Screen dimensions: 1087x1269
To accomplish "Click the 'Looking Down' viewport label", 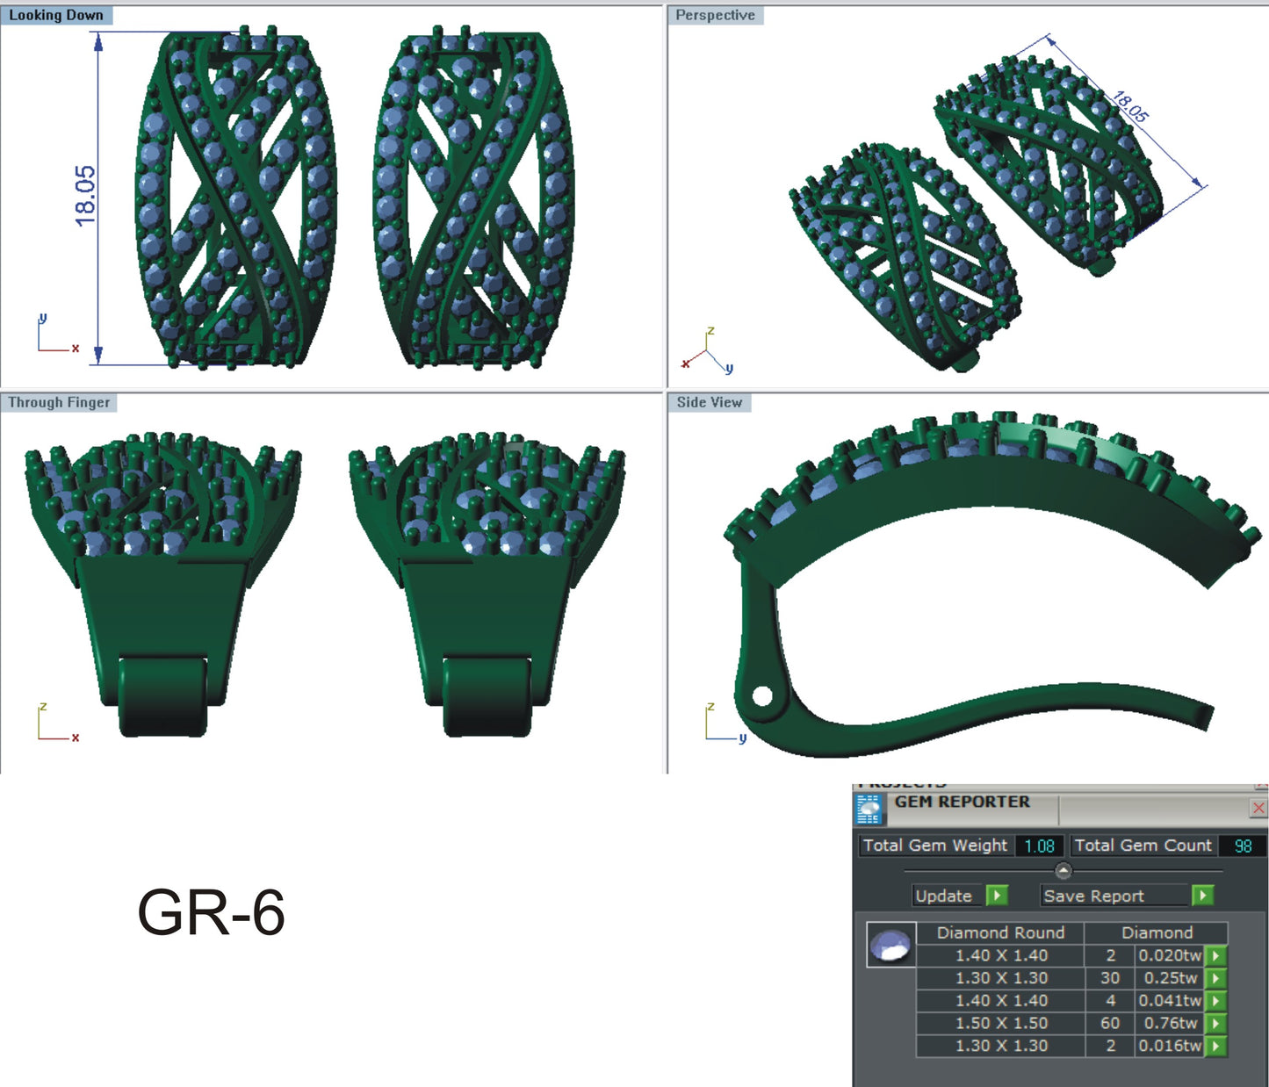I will click(56, 15).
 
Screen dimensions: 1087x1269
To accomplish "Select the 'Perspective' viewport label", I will click(715, 15).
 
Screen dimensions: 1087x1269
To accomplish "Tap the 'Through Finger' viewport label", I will click(59, 402).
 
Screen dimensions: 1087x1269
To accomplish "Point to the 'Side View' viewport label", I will click(709, 402).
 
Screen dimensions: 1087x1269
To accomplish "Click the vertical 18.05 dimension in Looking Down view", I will click(85, 196).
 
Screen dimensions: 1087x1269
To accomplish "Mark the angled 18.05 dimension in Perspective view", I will click(1130, 106).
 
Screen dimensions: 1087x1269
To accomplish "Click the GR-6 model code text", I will click(211, 913).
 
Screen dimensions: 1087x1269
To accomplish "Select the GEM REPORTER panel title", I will click(962, 802).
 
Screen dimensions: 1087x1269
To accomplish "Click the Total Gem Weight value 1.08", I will click(1039, 846).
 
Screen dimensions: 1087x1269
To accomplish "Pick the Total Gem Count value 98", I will click(1243, 846).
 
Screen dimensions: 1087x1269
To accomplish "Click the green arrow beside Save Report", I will click(1202, 895).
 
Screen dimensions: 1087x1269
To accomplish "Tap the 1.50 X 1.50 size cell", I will click(1001, 1023).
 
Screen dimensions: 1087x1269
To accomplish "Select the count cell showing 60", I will click(1110, 1023).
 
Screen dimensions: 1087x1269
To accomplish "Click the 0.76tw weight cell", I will click(1170, 1023).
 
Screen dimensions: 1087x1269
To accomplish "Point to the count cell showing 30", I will click(1110, 977).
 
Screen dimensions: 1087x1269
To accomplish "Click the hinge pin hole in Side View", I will click(762, 697).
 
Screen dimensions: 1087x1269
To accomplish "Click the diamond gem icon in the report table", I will click(890, 945).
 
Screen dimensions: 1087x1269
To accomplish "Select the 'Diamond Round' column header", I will click(1000, 932).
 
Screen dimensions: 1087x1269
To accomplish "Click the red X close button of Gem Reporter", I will click(1258, 808).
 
